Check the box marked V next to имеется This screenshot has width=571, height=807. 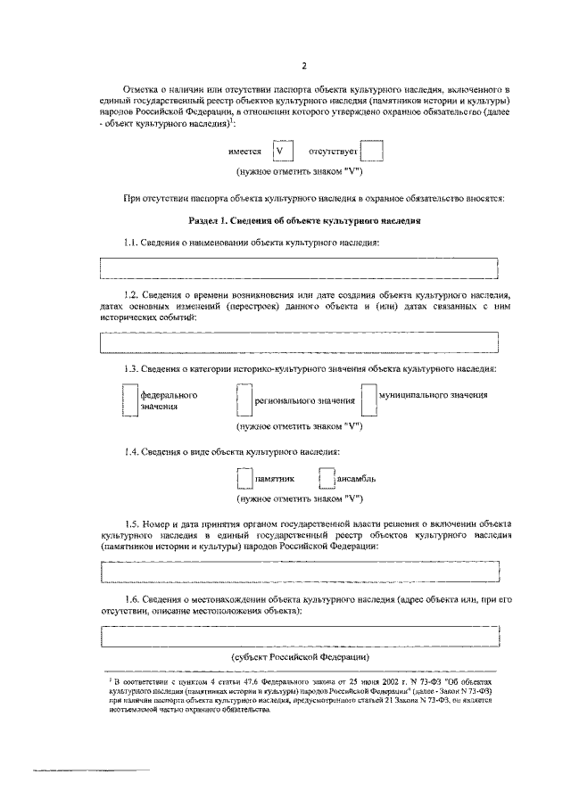pos(282,152)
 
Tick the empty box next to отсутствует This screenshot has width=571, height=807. pos(373,152)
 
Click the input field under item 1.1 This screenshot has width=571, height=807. pos(299,268)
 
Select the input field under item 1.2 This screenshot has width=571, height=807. pos(299,342)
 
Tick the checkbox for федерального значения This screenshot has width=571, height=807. pos(130,400)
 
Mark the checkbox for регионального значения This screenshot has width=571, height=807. pos(244,400)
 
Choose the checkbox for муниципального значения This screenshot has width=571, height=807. pos(368,400)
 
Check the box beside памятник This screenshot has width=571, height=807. pos(244,478)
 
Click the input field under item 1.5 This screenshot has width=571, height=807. pos(299,572)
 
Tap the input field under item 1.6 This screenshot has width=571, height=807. pos(299,638)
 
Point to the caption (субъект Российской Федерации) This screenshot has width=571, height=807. pos(300,657)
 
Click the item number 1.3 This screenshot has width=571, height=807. pos(132,368)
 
